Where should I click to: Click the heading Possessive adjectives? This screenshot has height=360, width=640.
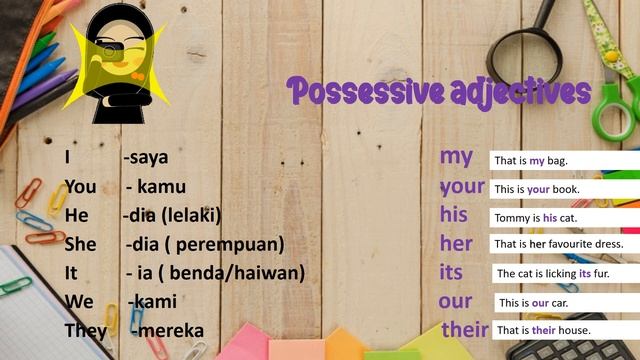[x=438, y=93]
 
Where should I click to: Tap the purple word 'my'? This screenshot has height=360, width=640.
[x=456, y=157]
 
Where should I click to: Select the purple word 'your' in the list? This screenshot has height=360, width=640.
[x=461, y=186]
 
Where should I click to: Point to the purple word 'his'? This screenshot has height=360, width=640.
[x=453, y=215]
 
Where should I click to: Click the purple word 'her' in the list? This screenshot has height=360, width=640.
[x=456, y=243]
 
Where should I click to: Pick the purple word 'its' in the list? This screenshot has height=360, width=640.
[x=451, y=272]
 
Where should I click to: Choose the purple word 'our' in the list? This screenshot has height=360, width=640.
[x=455, y=301]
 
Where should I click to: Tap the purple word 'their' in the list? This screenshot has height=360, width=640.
[x=465, y=329]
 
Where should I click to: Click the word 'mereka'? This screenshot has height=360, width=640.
[x=171, y=331]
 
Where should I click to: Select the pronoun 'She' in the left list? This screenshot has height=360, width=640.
[x=80, y=244]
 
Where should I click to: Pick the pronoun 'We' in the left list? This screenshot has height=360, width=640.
[x=79, y=301]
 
